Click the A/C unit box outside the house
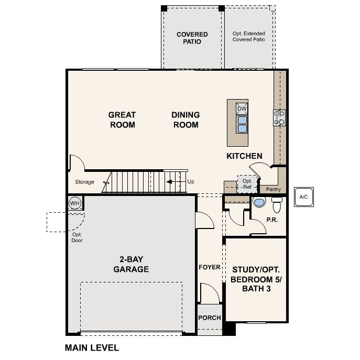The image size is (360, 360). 303,197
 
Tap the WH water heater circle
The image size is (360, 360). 74,203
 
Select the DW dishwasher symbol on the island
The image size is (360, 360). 242,108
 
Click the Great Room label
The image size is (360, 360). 122,119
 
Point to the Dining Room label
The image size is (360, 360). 186,119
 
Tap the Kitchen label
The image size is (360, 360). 244,156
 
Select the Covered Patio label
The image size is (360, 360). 192,38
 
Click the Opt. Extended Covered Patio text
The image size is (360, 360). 248,36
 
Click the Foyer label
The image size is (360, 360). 209,267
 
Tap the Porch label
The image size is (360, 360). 209,318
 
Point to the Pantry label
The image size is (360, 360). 274,189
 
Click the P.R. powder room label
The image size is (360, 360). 272,220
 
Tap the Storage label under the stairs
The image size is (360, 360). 84,182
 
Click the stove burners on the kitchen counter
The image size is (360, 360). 279,117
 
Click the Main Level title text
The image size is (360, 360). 92,347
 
